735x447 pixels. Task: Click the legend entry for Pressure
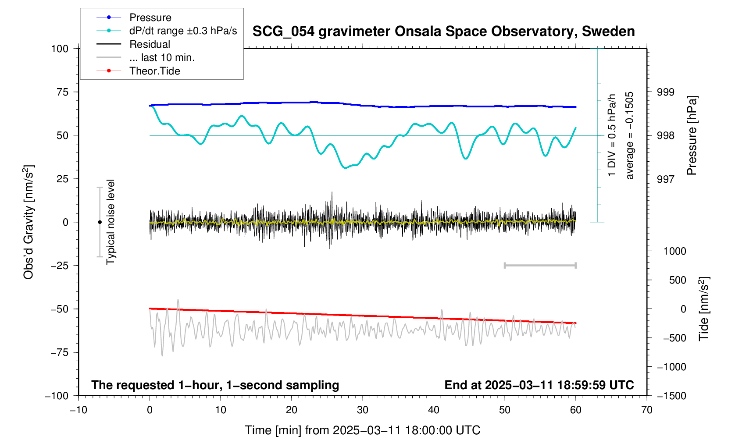pos(150,18)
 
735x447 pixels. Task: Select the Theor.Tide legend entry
pos(154,71)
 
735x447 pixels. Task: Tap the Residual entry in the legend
pos(150,44)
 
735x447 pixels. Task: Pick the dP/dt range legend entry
pos(183,31)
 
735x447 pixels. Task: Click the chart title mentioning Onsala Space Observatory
pos(443,32)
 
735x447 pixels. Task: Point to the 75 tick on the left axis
pos(60,92)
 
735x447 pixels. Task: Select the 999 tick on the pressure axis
pos(665,92)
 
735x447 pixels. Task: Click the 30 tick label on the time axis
pos(363,410)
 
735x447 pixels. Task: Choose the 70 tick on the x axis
pos(646,410)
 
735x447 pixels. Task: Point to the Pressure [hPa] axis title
pos(692,136)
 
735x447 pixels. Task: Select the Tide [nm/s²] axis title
pos(704,309)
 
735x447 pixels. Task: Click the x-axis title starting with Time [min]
pos(362,430)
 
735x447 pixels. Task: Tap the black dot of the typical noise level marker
pos(100,222)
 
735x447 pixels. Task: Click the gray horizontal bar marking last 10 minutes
pos(540,265)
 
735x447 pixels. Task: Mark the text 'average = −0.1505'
pos(630,135)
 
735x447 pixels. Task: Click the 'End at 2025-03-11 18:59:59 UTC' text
pos(539,385)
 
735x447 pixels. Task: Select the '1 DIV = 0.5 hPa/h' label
pos(612,135)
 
